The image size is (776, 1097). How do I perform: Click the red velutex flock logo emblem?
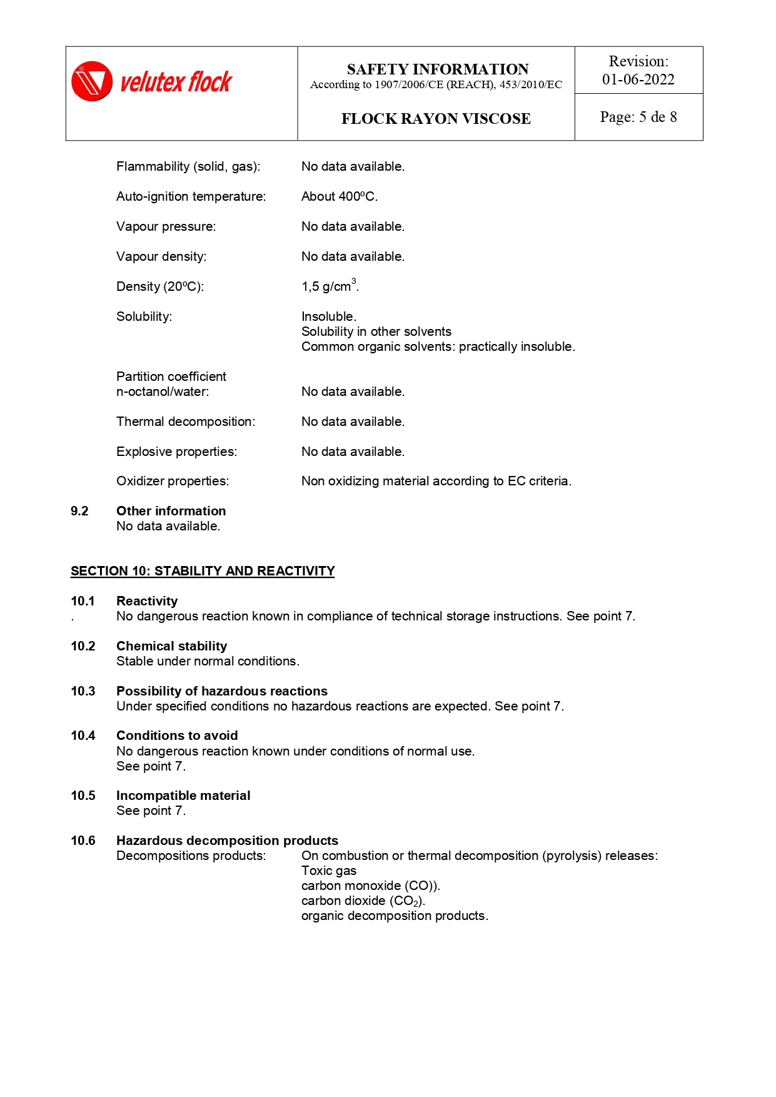pos(92,81)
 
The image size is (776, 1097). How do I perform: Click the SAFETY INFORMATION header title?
pos(437,69)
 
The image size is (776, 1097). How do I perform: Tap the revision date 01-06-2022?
pos(638,79)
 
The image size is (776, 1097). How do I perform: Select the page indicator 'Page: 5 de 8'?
pos(638,117)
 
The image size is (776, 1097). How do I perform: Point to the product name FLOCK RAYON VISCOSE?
pos(436,119)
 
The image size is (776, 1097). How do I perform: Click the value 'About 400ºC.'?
pos(340,196)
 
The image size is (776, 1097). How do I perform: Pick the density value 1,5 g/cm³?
pos(330,286)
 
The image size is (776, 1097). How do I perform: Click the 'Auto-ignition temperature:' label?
pos(191,196)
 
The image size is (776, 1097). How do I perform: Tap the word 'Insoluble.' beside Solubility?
pos(329,316)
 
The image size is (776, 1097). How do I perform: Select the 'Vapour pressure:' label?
pos(166,226)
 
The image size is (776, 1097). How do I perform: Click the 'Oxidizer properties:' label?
pos(173,481)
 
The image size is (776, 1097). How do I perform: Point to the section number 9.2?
pos(79,511)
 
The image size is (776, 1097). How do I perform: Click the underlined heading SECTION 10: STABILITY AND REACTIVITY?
pos(203,571)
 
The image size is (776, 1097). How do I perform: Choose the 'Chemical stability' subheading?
pos(171,646)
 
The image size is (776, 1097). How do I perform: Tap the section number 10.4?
pos(83,736)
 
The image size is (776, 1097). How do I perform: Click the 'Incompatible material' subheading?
pos(183,796)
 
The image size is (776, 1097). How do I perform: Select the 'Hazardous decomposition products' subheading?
pos(227,841)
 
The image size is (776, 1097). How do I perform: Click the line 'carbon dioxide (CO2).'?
pos(363,901)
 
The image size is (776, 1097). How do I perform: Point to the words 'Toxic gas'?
pos(329,871)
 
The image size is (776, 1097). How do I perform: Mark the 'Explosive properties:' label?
pos(176,452)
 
